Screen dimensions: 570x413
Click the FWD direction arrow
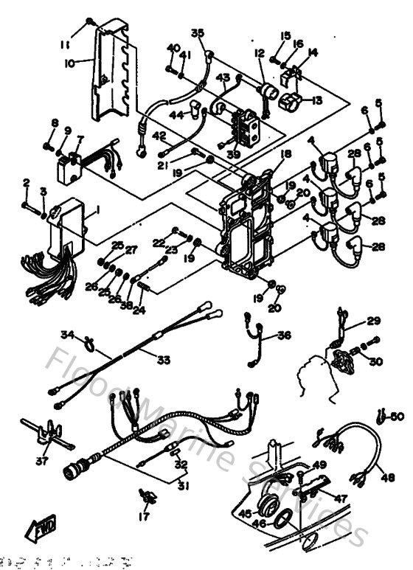click(x=37, y=528)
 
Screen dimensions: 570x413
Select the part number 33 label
click(x=163, y=359)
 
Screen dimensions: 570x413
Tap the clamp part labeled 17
click(x=145, y=494)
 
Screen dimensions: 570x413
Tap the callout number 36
click(x=283, y=336)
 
